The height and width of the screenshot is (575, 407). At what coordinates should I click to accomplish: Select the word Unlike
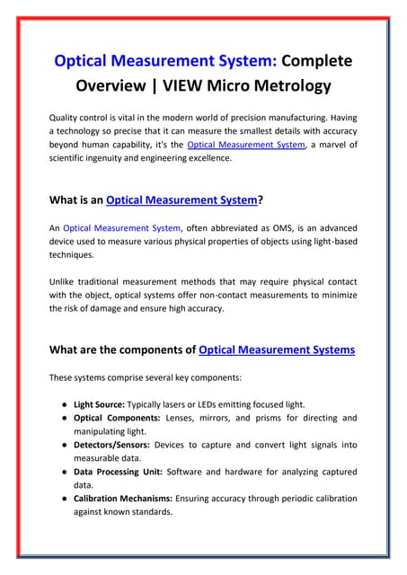66,281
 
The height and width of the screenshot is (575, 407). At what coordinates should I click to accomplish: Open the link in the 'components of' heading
277,349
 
